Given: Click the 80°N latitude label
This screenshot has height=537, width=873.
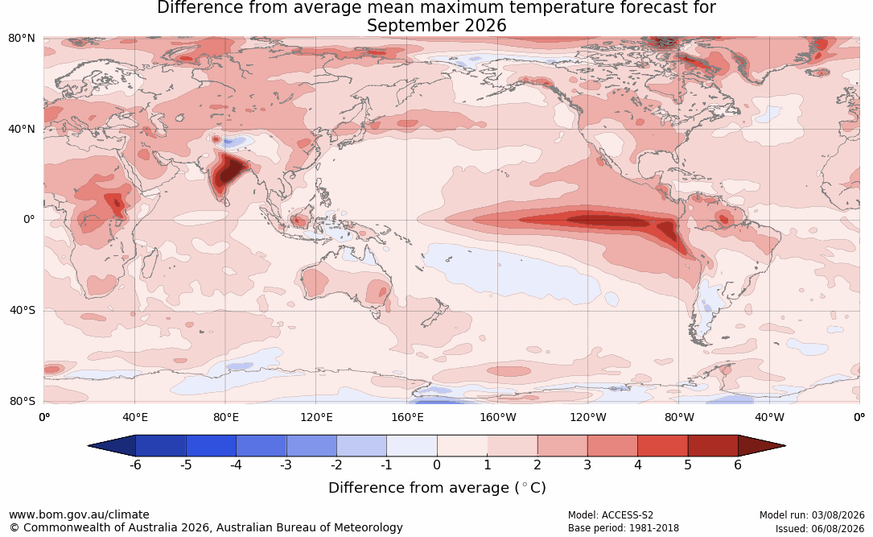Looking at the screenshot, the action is point(22,39).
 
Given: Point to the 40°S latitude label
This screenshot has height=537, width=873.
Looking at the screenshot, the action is point(23,310).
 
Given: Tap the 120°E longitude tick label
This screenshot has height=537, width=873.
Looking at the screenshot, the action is point(316,417).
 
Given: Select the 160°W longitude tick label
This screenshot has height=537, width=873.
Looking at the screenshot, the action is point(498,417).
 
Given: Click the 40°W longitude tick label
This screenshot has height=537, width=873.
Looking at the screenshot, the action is point(769,417).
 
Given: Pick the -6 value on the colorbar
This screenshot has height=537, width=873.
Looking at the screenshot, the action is point(135,465).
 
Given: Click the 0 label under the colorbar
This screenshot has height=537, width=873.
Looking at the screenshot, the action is point(437,465).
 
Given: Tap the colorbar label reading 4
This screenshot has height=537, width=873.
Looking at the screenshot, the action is point(638,465).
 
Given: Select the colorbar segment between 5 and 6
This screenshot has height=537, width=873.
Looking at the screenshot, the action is point(713,446).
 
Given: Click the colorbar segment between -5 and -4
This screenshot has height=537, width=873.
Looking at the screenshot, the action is point(211,446).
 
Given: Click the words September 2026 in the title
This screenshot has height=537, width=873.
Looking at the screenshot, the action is point(436,26).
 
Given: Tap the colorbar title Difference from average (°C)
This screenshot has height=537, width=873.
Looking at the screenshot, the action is point(437,488).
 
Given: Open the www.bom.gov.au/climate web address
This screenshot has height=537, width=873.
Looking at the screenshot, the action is point(79,514).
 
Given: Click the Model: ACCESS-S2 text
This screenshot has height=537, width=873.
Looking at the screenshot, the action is point(611,515).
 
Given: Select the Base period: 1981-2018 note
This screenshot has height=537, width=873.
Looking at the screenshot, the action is point(624,528).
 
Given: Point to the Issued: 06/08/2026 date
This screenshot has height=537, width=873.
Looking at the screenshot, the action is point(820,528).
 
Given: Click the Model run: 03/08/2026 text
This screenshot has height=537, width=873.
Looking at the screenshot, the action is point(812,515).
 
